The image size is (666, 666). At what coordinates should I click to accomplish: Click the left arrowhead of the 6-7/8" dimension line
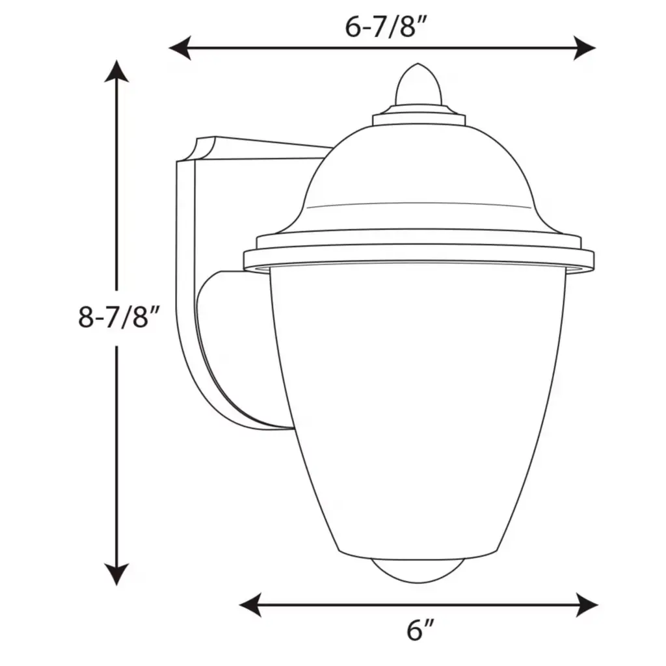pyautogui.click(x=180, y=47)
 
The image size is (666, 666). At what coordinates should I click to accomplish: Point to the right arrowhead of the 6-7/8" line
pyautogui.click(x=585, y=47)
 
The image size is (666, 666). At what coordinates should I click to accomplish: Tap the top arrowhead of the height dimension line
pyautogui.click(x=116, y=72)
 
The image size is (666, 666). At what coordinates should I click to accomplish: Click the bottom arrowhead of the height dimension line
pyautogui.click(x=116, y=574)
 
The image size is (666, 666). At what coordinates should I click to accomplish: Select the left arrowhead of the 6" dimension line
pyautogui.click(x=250, y=605)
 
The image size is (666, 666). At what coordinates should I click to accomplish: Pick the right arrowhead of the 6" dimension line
pyautogui.click(x=587, y=605)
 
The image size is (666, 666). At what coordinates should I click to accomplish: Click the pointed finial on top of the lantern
pyautogui.click(x=418, y=85)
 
